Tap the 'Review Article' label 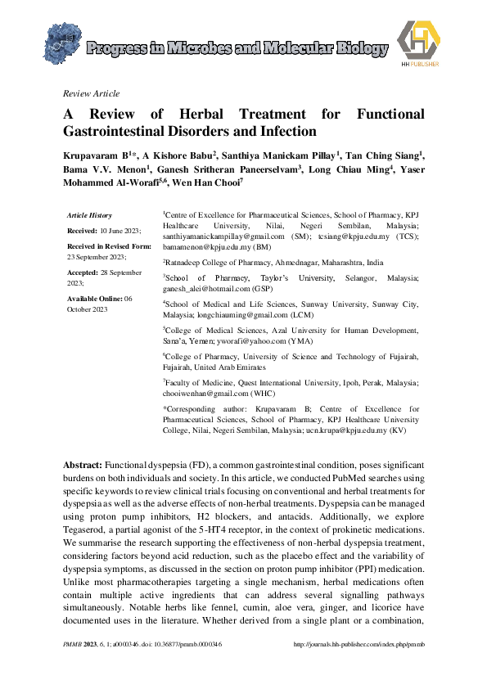(91, 93)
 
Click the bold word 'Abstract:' (83, 464)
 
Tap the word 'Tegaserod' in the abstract (85, 529)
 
